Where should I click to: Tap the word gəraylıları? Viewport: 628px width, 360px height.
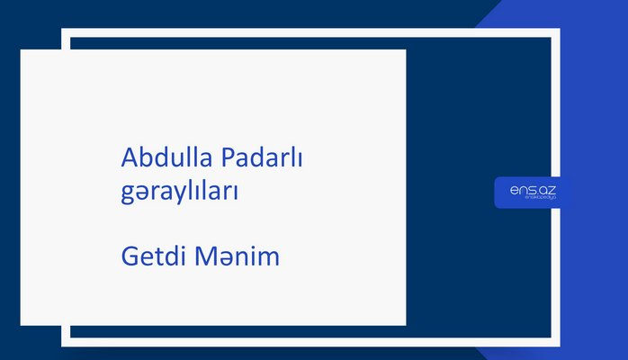click(179, 192)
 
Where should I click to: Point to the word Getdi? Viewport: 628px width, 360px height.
click(151, 256)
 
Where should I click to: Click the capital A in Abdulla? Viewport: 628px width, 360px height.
click(129, 158)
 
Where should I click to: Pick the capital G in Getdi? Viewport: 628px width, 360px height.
click(129, 256)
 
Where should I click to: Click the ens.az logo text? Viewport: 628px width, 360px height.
click(533, 190)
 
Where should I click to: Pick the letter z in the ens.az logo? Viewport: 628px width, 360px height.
click(552, 190)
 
